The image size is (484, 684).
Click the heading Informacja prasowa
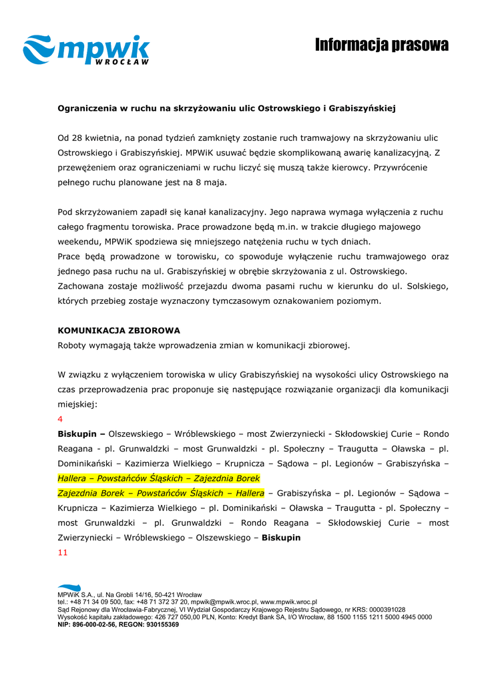click(x=382, y=45)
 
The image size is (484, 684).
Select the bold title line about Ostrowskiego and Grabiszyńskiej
click(x=227, y=107)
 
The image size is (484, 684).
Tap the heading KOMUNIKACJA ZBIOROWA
click(x=119, y=331)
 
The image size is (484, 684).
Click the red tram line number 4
click(x=60, y=419)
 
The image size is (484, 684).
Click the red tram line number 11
click(x=62, y=553)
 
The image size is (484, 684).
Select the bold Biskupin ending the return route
click(x=281, y=538)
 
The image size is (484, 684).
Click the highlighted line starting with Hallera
click(x=158, y=479)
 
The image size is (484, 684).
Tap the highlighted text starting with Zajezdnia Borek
click(x=161, y=494)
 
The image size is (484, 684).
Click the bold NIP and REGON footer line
click(x=118, y=625)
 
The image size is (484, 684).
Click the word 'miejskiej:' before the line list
click(x=77, y=405)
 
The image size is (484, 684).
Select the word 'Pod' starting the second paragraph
click(x=65, y=212)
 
